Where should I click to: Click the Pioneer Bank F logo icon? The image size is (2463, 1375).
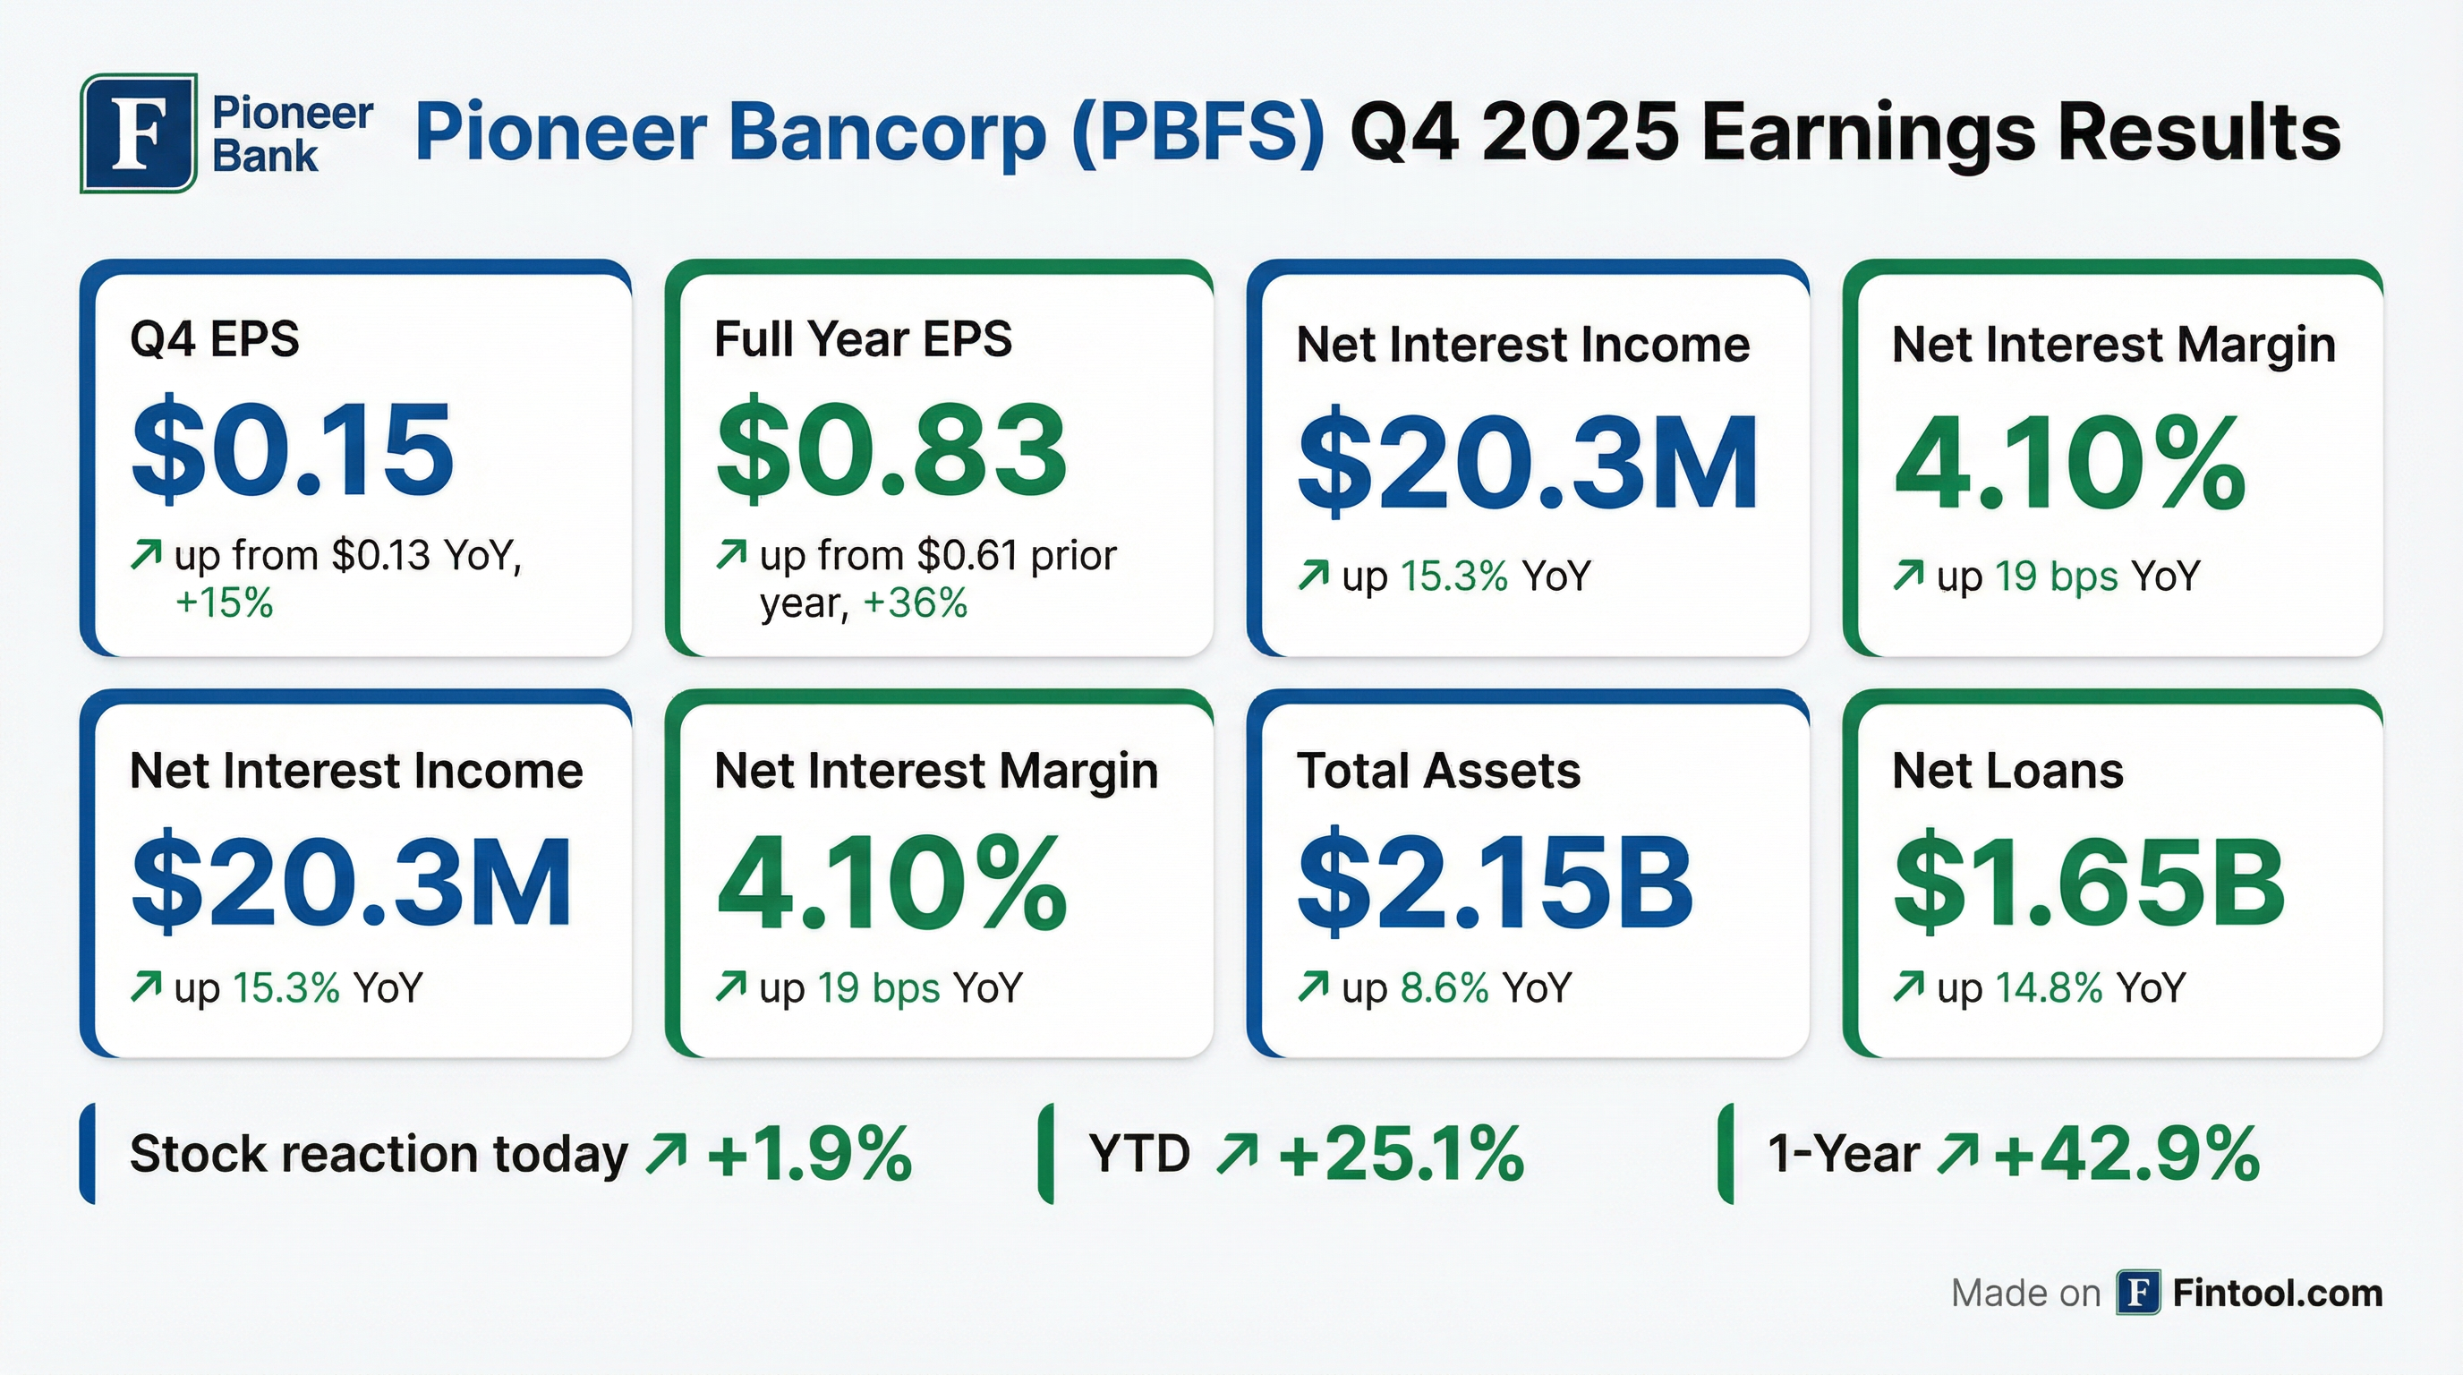139,132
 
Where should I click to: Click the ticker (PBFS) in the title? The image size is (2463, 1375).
1199,132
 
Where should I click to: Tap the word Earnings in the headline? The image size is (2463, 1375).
1870,132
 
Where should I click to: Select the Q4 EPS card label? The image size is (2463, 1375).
214,338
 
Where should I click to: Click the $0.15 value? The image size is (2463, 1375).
293,448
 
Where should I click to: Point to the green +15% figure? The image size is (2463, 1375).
224,603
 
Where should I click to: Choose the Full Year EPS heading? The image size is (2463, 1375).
863,338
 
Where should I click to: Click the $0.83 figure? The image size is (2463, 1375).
891,448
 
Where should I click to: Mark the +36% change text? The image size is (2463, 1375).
915,603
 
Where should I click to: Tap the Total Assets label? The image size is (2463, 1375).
1438,771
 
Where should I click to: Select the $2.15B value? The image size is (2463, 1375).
1496,881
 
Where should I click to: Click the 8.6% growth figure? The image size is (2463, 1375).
1445,987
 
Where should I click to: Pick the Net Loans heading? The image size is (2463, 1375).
2007,771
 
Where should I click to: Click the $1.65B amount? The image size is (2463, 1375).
2089,881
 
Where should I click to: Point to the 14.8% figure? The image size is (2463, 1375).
2049,987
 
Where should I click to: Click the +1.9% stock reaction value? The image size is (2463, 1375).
809,1154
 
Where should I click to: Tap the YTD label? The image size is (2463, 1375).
1138,1154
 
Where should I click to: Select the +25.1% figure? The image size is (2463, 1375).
1401,1154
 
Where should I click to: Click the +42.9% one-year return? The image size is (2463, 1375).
2126,1154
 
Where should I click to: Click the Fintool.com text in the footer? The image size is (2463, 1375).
2278,1294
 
